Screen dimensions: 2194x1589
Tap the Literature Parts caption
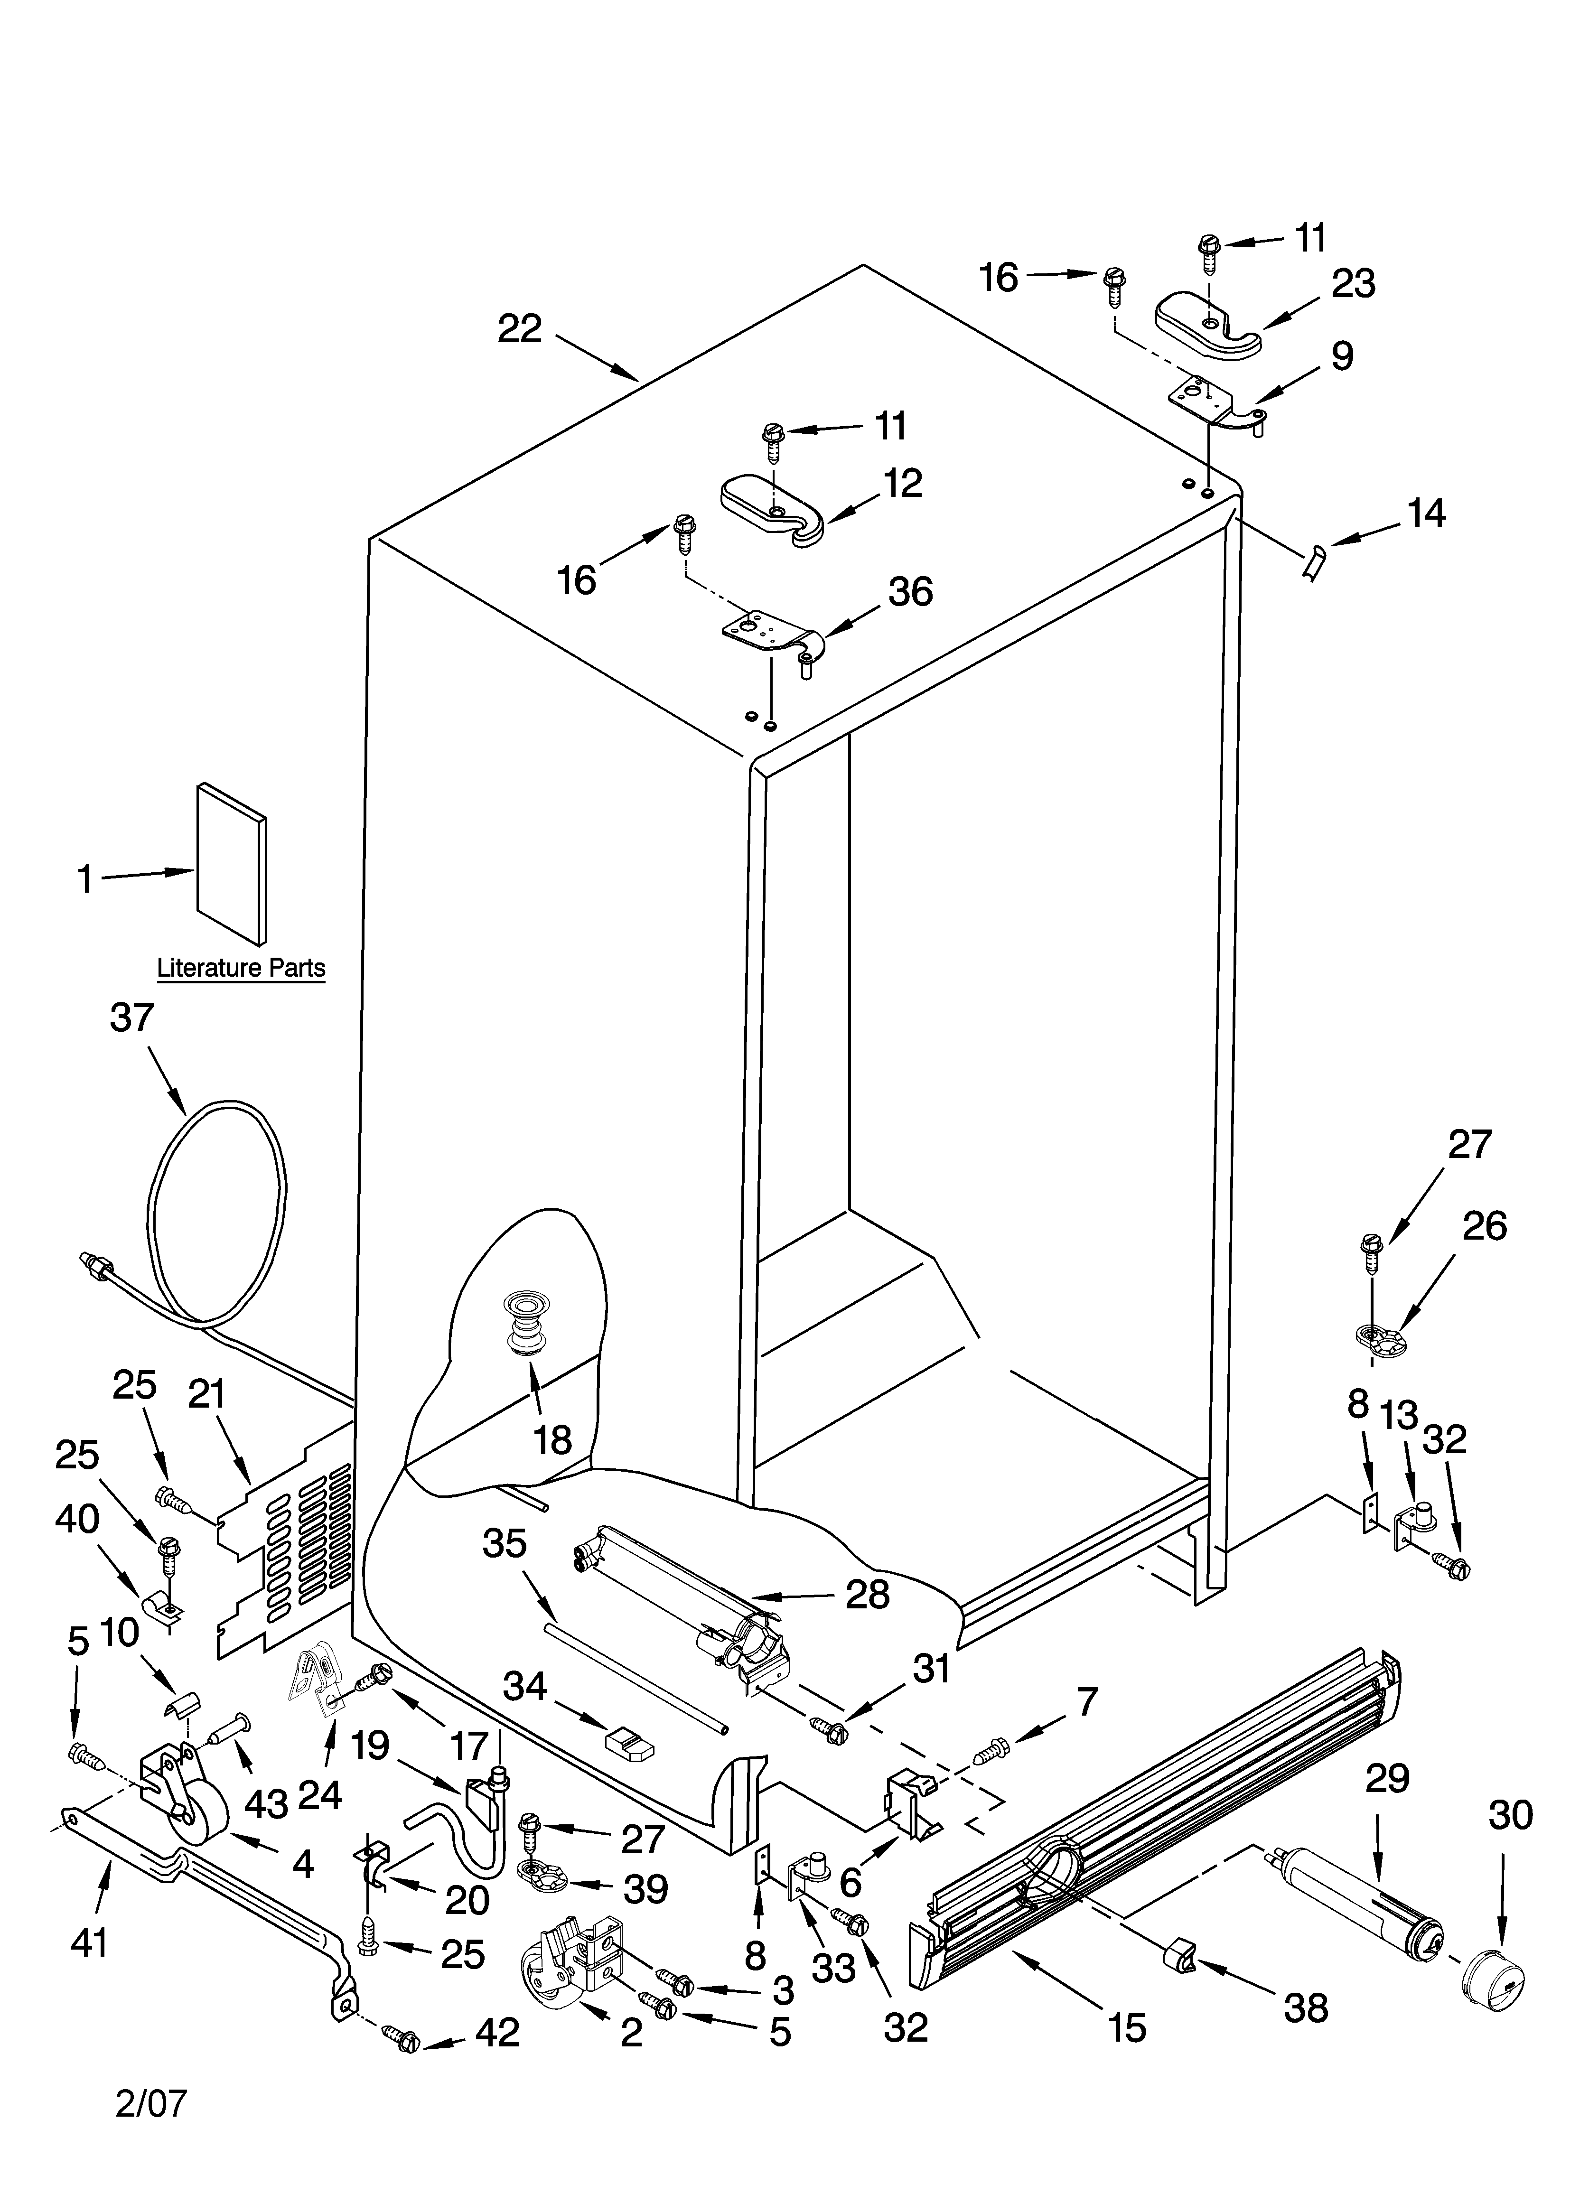241,967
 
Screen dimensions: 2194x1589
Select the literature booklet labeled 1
231,863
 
